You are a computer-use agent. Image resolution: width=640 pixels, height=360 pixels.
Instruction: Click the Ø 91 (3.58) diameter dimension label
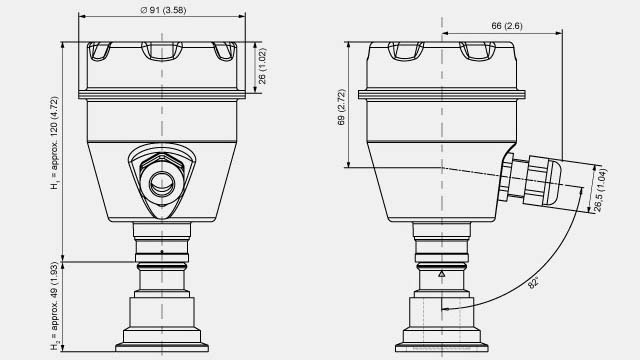coord(163,10)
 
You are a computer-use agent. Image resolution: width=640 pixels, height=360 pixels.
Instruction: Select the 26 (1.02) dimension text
coord(262,66)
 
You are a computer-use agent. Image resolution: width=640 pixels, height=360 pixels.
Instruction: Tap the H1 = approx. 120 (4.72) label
coord(54,143)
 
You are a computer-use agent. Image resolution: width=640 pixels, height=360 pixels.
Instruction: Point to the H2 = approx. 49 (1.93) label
coord(54,306)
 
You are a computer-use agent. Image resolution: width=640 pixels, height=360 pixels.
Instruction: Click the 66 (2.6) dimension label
coord(507,26)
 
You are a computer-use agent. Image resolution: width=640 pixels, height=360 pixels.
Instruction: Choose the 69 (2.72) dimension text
coord(342,107)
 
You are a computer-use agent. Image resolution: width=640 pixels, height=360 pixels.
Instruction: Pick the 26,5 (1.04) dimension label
coord(600,190)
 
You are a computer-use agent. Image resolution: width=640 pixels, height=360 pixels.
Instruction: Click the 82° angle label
coord(533,282)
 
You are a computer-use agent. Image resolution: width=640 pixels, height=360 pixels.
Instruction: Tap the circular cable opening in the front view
coord(162,184)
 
